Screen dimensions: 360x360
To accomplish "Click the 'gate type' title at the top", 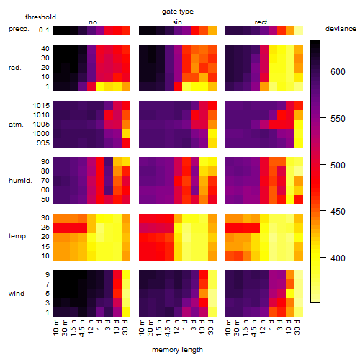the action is [178, 12].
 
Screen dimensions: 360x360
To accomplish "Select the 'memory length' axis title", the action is [177, 350].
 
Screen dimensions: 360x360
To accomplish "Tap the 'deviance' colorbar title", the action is [341, 29].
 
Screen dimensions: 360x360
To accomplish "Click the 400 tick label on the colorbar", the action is [338, 258].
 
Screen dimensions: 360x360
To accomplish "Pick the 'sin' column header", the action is [177, 22].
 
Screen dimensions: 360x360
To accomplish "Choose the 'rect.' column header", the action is [261, 22].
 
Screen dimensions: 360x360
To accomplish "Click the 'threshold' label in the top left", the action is [40, 17].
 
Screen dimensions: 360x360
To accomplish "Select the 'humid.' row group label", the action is [20, 181].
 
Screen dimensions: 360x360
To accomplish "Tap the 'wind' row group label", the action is [17, 294].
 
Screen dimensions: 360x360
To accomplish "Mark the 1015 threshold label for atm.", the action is [41, 106].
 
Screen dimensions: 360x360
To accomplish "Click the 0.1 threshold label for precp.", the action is [44, 30].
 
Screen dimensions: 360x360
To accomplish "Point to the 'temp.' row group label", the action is [18, 236].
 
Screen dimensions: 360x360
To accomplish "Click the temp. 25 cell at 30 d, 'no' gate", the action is [126, 228].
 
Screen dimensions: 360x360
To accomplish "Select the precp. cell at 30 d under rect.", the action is [299, 30].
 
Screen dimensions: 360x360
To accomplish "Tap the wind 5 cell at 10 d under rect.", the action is [290, 293].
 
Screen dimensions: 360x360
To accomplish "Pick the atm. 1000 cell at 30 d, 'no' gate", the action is [126, 134].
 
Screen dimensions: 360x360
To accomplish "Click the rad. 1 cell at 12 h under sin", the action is [178, 86].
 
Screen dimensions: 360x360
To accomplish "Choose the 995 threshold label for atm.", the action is [43, 143].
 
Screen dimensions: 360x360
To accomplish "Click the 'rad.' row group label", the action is [15, 68].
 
